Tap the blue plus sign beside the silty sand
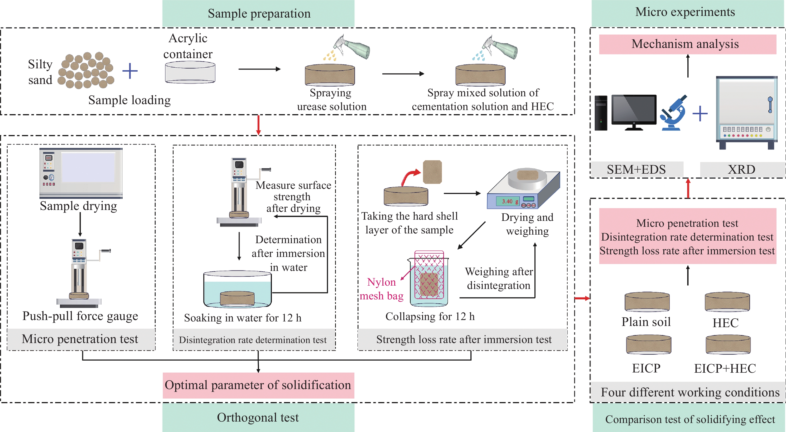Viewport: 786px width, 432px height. (130, 71)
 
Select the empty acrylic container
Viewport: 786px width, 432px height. (190, 72)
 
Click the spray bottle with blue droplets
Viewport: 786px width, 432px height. (502, 47)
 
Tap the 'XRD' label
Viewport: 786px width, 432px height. (742, 169)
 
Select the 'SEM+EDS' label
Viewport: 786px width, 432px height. (636, 169)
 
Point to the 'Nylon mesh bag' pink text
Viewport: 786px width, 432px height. (381, 289)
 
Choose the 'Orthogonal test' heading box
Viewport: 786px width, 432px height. (258, 417)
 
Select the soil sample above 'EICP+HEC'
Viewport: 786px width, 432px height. (728, 344)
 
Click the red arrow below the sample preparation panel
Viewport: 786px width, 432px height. (258, 125)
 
